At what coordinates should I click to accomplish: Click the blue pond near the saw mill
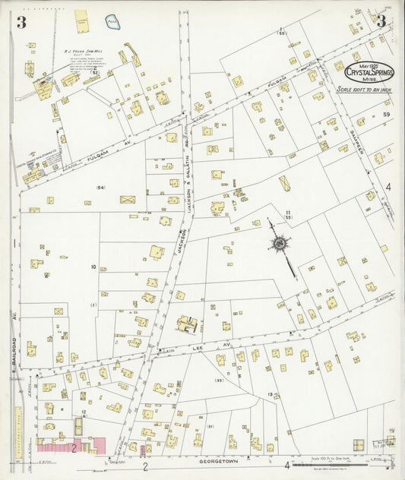tap(112, 23)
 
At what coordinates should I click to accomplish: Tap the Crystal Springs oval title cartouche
tap(369, 72)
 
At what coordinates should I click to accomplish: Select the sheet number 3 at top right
tap(381, 21)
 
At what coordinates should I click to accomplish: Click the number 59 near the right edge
tap(386, 115)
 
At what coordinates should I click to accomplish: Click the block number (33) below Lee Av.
tap(219, 381)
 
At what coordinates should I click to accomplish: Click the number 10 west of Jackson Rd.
tap(93, 267)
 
